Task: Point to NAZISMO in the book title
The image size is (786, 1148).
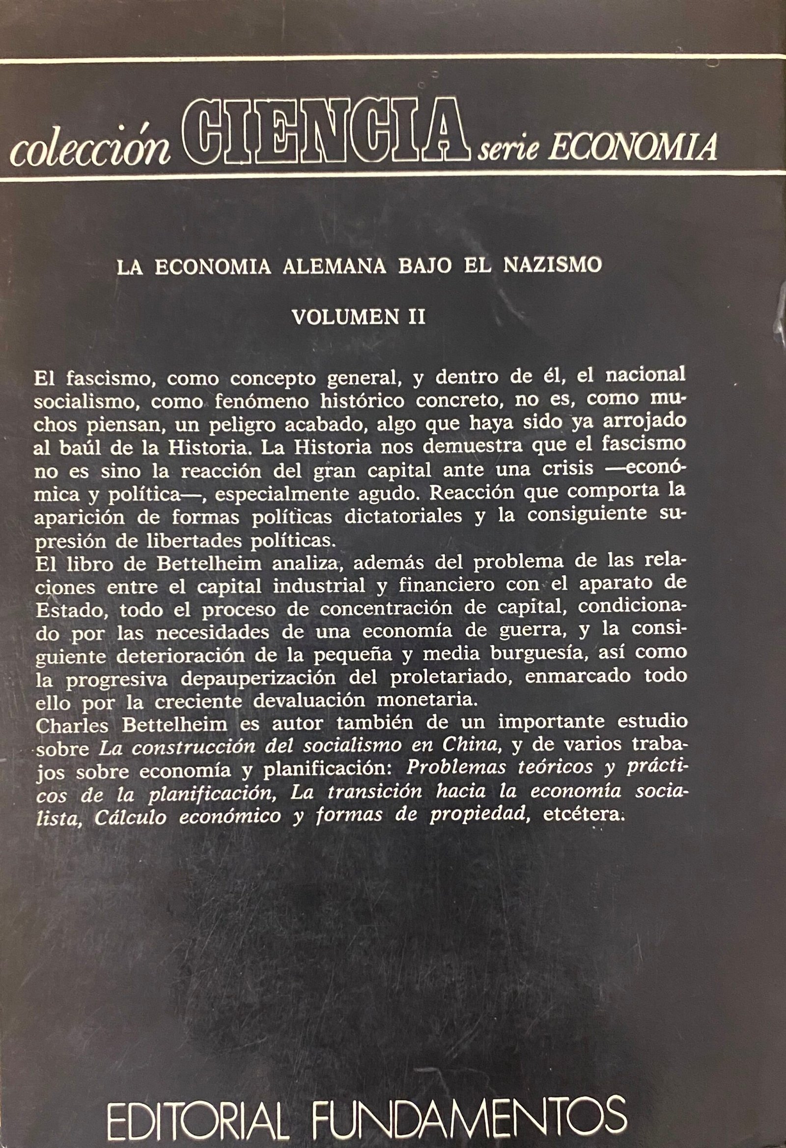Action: (x=552, y=265)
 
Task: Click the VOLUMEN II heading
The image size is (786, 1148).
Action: (x=359, y=317)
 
